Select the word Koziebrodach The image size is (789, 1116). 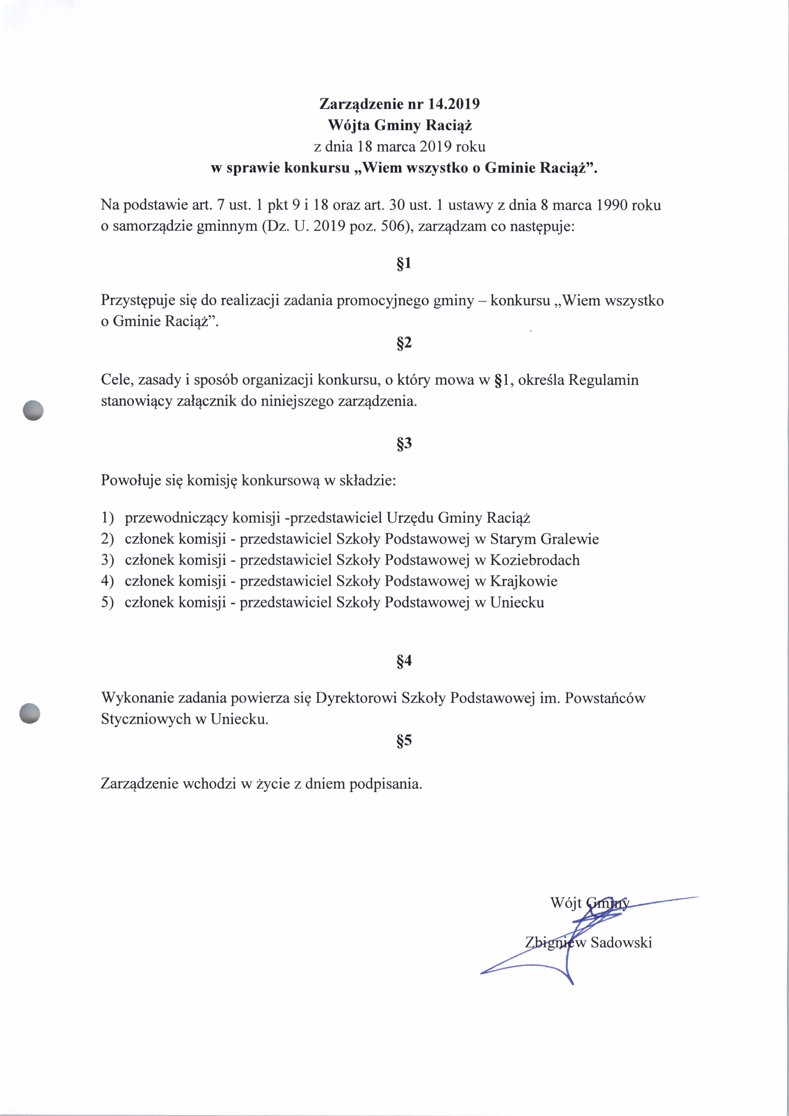coord(535,560)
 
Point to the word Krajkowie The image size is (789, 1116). coord(524,581)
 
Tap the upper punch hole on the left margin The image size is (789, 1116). coord(33,410)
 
